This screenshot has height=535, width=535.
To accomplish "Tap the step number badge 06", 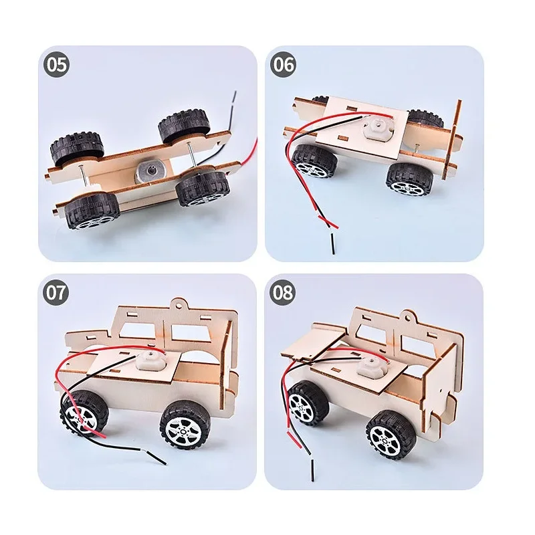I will tap(283, 65).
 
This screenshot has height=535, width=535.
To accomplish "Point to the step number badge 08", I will tap(283, 294).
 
